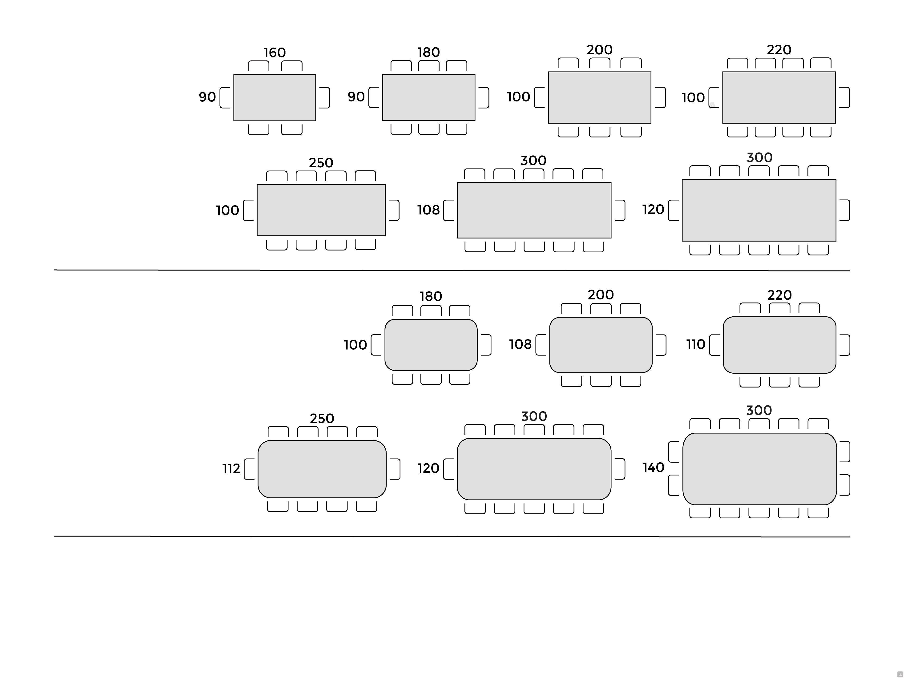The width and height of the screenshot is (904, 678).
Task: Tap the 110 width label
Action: [x=696, y=344]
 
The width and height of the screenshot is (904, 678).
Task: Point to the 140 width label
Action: [x=653, y=467]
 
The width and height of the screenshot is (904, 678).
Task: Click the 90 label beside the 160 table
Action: [x=207, y=97]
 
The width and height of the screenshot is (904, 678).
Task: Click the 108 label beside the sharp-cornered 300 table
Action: [x=428, y=210]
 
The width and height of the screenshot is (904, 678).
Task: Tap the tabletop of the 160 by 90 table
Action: [x=275, y=98]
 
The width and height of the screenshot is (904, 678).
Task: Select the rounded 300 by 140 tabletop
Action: [x=759, y=469]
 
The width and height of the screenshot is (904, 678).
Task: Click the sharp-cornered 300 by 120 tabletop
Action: [x=759, y=210]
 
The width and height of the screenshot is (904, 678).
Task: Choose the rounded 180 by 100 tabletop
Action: [x=431, y=344]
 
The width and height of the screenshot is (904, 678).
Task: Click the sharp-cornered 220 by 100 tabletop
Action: [x=779, y=97]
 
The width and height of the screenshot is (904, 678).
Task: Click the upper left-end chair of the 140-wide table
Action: [x=674, y=452]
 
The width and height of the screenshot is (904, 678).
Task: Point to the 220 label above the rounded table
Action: [x=779, y=295]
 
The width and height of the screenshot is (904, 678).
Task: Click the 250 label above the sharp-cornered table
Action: [x=321, y=163]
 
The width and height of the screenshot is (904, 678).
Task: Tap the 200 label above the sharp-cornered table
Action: [x=600, y=50]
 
